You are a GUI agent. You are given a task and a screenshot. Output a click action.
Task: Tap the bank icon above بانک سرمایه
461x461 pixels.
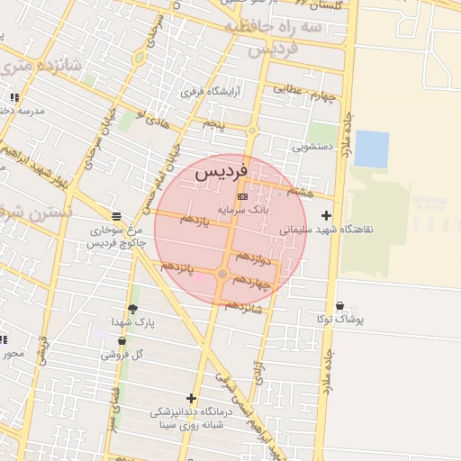pos(241,195)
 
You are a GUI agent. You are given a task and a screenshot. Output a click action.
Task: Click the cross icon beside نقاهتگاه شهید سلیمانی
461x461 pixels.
pos(326,215)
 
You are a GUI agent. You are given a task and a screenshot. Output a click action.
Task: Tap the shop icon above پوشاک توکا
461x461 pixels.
pos(339,306)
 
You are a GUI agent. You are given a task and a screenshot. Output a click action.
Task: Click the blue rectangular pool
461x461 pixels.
pos(371,149)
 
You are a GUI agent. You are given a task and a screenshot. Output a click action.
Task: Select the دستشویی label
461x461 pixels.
pos(312,145)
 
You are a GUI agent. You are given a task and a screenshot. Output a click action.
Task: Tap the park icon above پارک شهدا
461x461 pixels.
pos(133,309)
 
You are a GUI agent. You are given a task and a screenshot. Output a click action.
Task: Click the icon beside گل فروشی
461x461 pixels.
pos(123,340)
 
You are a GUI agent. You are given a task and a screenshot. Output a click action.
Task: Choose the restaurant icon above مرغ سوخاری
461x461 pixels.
pos(116,216)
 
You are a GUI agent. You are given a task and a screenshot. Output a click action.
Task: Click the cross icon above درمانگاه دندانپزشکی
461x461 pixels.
pos(191,398)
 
